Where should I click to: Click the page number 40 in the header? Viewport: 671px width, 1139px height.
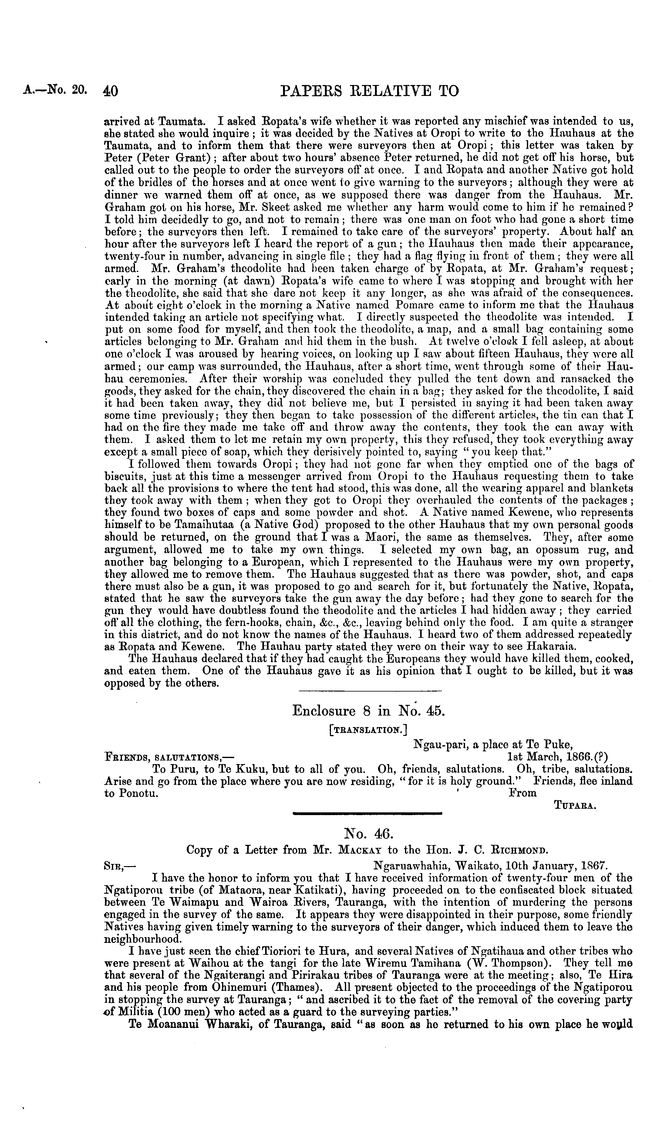coord(111,92)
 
